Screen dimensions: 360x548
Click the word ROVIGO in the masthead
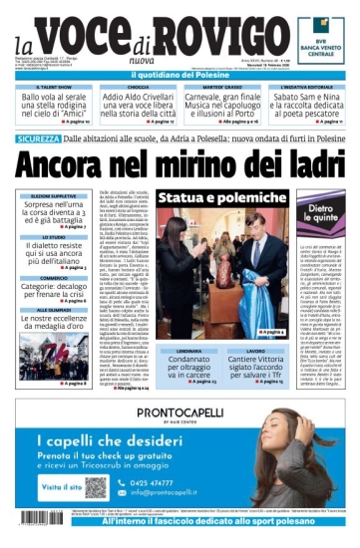coord(218,45)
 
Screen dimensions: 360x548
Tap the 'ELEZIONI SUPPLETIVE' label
coord(53,197)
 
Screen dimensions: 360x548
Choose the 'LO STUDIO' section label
coord(53,237)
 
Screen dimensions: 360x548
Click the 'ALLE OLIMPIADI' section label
coord(53,310)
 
